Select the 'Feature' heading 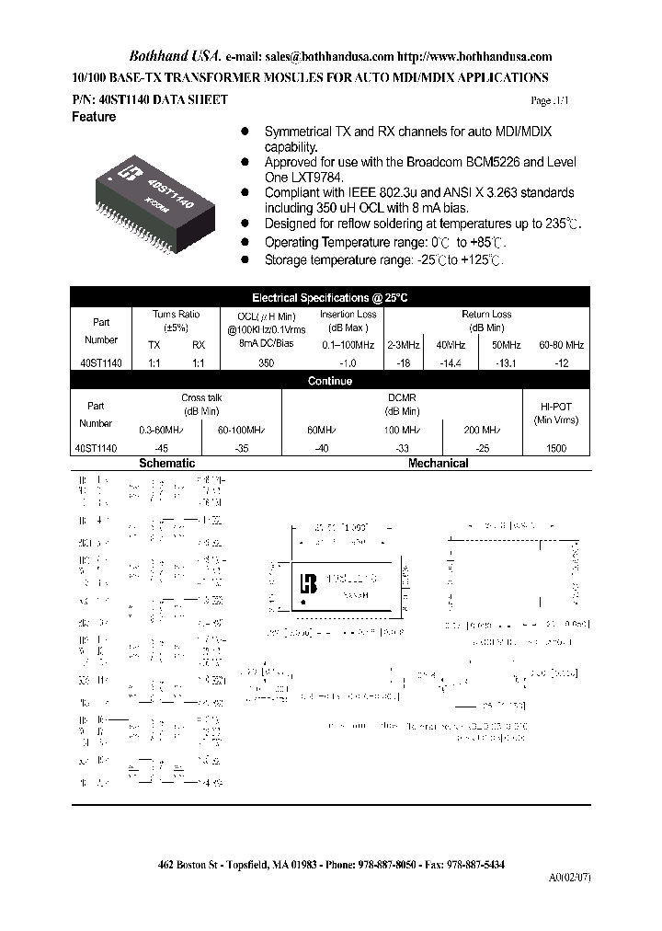point(94,118)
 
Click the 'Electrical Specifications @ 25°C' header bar point(329,298)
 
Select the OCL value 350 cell point(266,363)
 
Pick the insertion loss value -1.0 point(348,363)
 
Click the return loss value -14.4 point(450,363)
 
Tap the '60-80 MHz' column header point(561,345)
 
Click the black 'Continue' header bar point(329,381)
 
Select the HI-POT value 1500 point(556,448)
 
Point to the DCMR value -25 point(482,448)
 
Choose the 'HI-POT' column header point(556,406)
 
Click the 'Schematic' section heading point(166,464)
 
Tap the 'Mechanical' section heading point(439,464)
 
